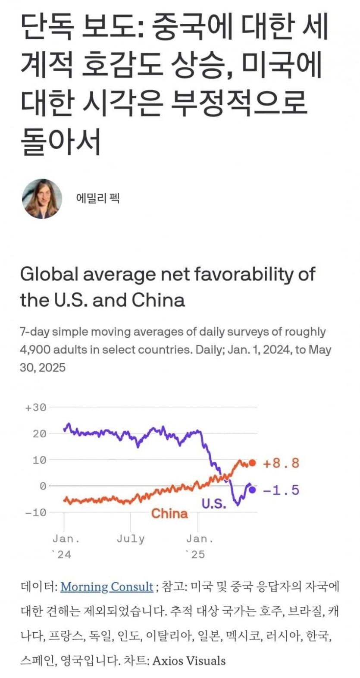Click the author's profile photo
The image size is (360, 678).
[42, 199]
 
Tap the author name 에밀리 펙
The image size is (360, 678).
[97, 198]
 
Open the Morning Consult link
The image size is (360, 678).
[107, 587]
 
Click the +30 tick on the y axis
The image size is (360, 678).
[36, 408]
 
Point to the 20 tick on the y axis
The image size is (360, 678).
[39, 434]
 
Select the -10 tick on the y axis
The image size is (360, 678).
[36, 512]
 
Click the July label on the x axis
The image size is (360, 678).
[131, 539]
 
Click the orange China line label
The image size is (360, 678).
[169, 513]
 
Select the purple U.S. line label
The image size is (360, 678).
[214, 503]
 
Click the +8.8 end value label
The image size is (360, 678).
[281, 463]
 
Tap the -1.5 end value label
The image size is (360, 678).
[281, 490]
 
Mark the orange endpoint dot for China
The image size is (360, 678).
[253, 463]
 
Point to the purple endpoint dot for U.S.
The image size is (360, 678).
[252, 490]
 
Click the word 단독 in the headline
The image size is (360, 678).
[47, 27]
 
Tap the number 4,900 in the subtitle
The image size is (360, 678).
[36, 349]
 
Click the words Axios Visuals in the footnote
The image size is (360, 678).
[189, 660]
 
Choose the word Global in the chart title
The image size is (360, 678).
[49, 274]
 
